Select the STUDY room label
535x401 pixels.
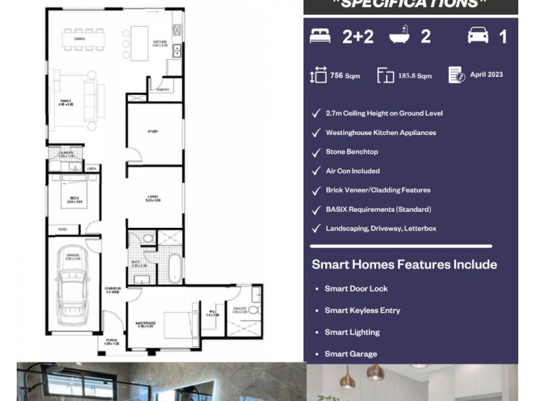(152, 132)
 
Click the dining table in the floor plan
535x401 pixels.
(84, 40)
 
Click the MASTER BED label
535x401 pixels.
(146, 325)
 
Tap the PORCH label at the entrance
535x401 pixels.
(111, 342)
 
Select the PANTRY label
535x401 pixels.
(163, 89)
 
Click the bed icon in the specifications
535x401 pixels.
(320, 36)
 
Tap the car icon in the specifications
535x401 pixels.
(477, 36)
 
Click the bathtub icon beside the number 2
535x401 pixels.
(399, 36)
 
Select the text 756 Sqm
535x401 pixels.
(345, 76)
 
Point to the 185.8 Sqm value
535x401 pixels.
(415, 76)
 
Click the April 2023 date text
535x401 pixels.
(486, 75)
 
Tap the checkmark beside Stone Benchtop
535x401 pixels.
(316, 152)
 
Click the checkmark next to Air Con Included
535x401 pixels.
(316, 171)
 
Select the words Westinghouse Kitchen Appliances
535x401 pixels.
(381, 133)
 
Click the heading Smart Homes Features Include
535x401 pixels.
(404, 265)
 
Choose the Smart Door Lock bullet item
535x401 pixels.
(356, 289)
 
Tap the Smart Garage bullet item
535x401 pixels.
(350, 354)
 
